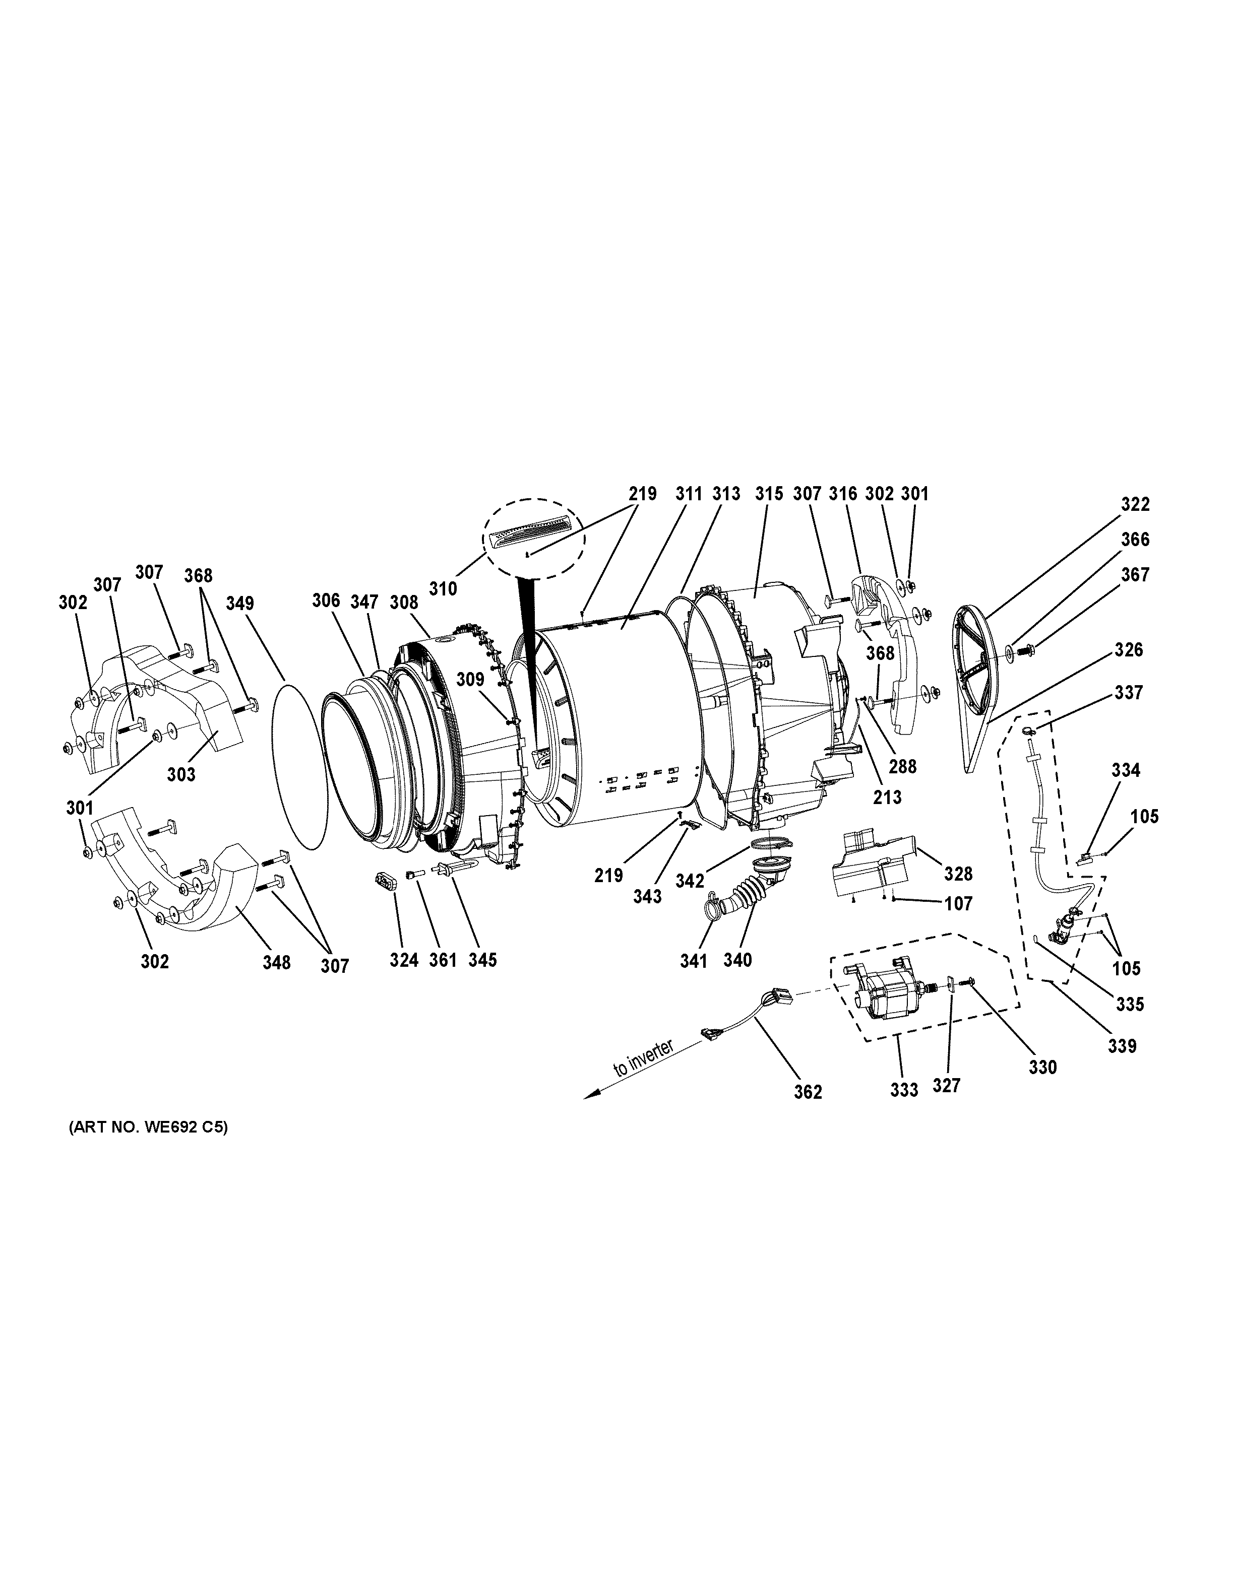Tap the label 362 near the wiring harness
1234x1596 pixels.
tap(808, 1092)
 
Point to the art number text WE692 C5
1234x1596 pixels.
tap(148, 1127)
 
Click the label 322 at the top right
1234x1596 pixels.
tap(1135, 504)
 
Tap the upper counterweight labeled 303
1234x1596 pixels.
tap(161, 702)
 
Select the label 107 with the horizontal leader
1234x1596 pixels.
tap(958, 904)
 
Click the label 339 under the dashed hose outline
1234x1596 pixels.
tap(1122, 1046)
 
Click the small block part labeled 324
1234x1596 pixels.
tap(385, 880)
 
